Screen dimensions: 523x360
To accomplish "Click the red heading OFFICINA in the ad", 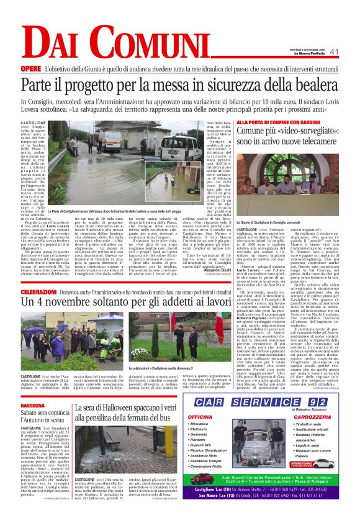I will tap(200, 416).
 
